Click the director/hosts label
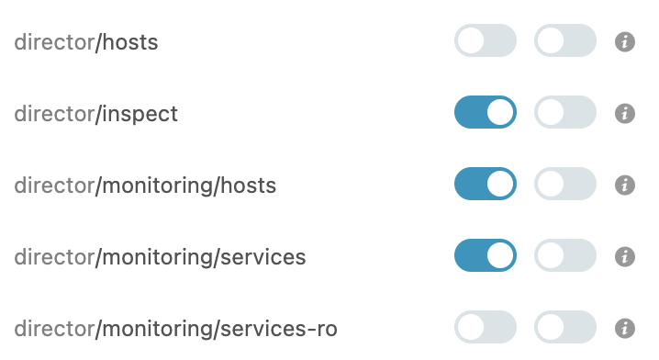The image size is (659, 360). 86,42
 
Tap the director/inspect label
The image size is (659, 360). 95,114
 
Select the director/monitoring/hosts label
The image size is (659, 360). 145,186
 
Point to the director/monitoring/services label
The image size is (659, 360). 160,257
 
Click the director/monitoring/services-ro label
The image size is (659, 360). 182,328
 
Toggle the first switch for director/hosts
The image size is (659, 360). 486,41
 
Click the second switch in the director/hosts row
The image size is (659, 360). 565,41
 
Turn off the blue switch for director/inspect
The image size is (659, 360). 486,113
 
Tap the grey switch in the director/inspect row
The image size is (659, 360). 565,113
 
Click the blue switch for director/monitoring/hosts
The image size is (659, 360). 486,185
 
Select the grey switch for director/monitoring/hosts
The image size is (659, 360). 565,185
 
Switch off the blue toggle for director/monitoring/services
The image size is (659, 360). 486,256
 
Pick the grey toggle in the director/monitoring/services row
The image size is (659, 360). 565,256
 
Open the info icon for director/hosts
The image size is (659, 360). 625,41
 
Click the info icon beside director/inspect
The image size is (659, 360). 625,113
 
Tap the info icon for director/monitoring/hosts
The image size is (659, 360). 625,185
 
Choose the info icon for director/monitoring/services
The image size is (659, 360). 625,256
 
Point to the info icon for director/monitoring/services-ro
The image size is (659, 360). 625,328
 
